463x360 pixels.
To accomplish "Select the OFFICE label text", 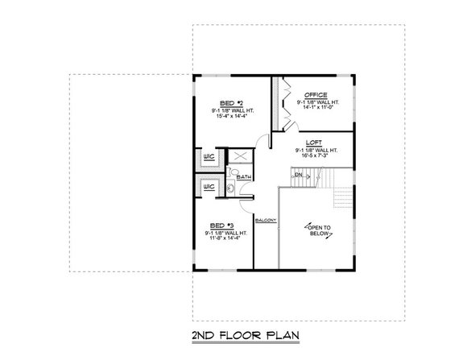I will click(x=316, y=95).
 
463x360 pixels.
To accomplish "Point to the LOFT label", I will click(x=315, y=143).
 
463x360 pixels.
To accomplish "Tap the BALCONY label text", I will click(x=266, y=220).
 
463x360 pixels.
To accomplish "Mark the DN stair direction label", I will click(x=297, y=174).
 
